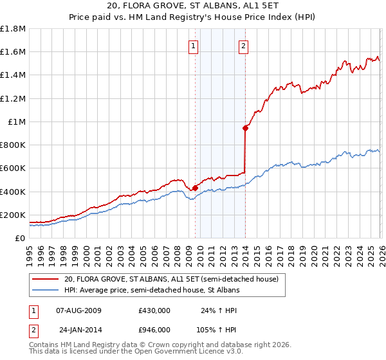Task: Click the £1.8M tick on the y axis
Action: pos(13,29)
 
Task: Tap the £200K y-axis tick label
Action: pos(13,215)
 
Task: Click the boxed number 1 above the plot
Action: pos(194,46)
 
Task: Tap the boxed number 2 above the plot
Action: pos(244,46)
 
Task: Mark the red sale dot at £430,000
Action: pos(195,188)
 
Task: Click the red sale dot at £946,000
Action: pos(245,128)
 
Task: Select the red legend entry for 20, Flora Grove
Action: pos(170,280)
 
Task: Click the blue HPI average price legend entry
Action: pos(151,291)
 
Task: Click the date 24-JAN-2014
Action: pos(79,330)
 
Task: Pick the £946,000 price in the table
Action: pos(154,330)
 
